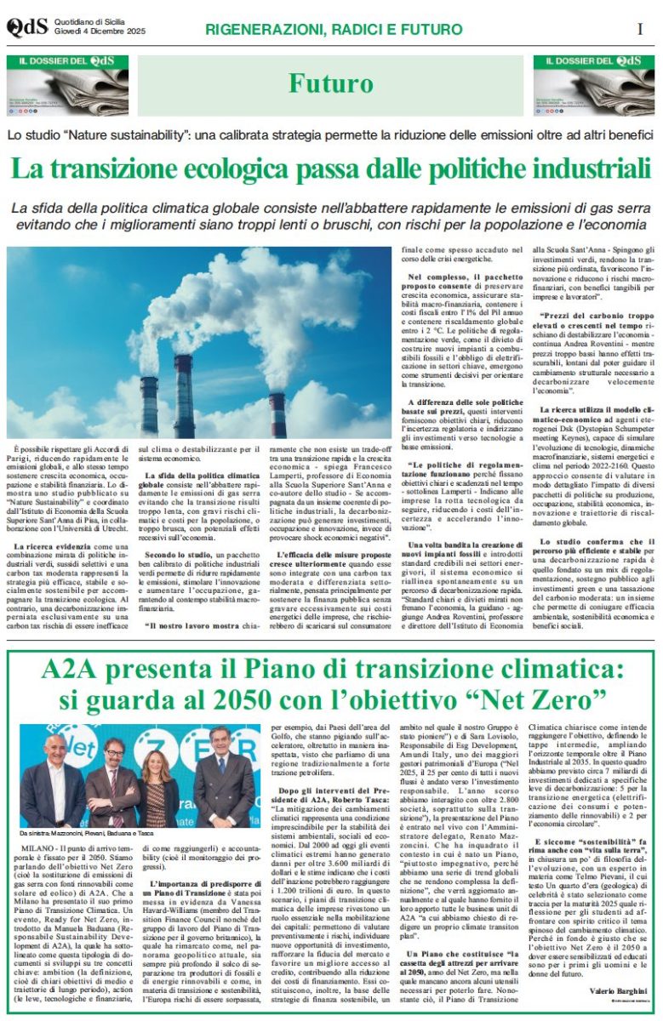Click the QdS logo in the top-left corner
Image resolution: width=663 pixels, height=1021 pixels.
click(26, 27)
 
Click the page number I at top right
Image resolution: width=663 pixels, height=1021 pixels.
click(639, 28)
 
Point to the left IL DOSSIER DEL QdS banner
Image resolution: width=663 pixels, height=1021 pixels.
click(67, 85)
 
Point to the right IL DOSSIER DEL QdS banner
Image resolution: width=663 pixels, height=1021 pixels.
click(594, 85)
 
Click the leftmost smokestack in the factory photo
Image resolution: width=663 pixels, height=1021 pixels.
click(150, 400)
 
